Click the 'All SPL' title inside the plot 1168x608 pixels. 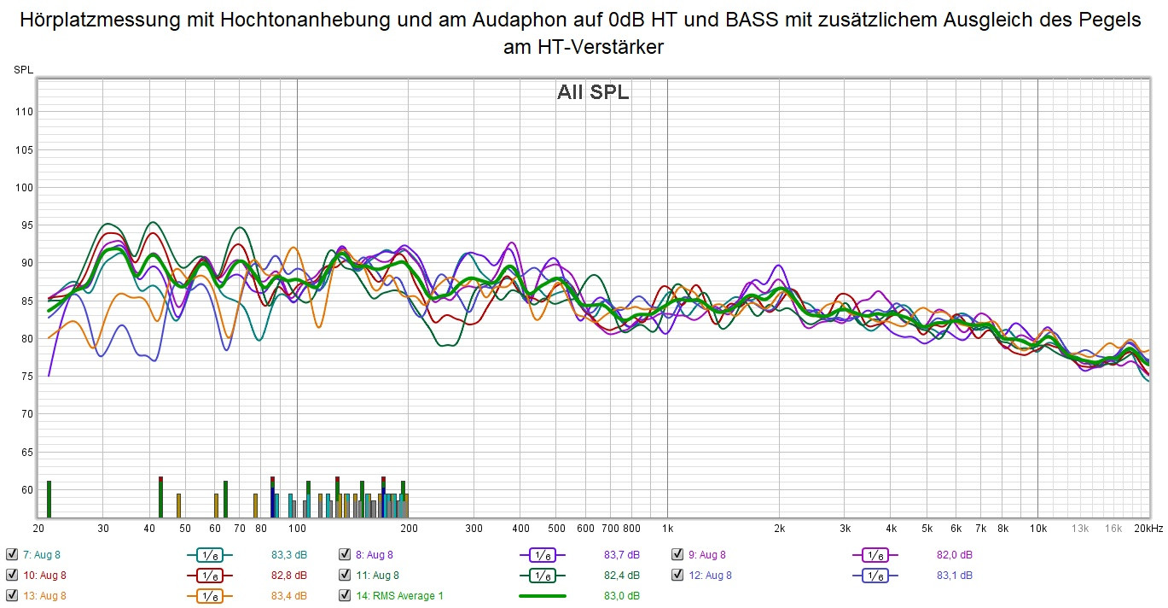tap(593, 93)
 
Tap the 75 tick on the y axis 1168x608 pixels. tap(25, 377)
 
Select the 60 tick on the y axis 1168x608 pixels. tap(25, 490)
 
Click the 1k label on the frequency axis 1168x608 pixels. tap(668, 528)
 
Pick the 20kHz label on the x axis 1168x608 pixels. tap(1148, 528)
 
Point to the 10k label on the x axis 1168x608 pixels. tap(1037, 528)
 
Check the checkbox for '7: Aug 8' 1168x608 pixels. tap(11, 555)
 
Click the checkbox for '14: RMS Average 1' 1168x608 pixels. tap(345, 596)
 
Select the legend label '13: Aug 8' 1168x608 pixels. tap(44, 596)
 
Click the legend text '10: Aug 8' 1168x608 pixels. tap(44, 576)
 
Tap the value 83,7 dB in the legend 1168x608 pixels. tap(621, 555)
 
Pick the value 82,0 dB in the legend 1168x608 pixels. tap(954, 555)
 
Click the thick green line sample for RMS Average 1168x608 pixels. tap(543, 596)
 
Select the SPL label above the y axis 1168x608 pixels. tap(23, 70)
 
